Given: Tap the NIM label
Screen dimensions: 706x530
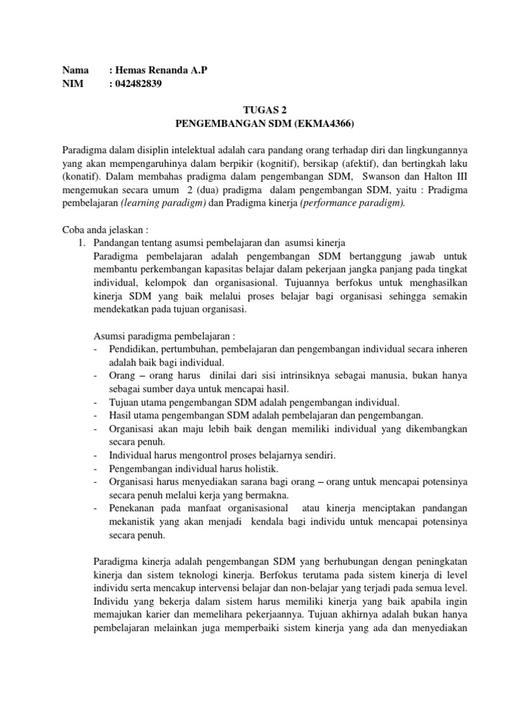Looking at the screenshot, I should [73, 84].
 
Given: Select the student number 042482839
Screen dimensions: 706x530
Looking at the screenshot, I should [141, 84].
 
